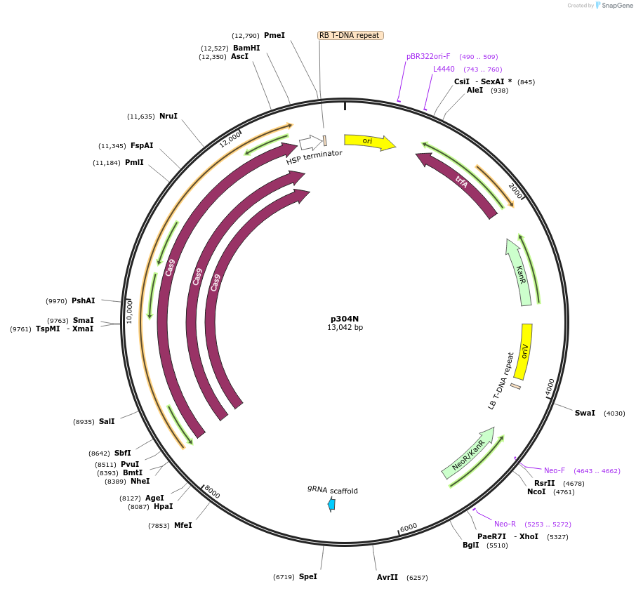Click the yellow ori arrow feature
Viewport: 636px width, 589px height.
[369, 142]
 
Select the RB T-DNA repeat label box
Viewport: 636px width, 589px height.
[350, 35]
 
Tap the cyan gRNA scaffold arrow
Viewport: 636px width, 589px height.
[331, 504]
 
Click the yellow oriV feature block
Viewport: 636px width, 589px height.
[523, 351]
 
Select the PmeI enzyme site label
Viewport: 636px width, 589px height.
[274, 35]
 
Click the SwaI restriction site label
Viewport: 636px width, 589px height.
[585, 413]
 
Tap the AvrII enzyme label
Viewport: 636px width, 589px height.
[387, 577]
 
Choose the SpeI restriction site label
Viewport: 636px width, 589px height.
[308, 576]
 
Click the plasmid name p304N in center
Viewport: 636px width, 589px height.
[345, 318]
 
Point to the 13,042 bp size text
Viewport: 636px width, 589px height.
[345, 327]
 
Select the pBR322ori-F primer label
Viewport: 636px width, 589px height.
[428, 56]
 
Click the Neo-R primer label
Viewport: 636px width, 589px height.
[505, 524]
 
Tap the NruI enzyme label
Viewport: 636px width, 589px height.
[168, 116]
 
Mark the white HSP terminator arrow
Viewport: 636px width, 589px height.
[310, 143]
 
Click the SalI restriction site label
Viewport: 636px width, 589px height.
[107, 421]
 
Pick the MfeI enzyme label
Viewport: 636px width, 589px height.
[183, 525]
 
